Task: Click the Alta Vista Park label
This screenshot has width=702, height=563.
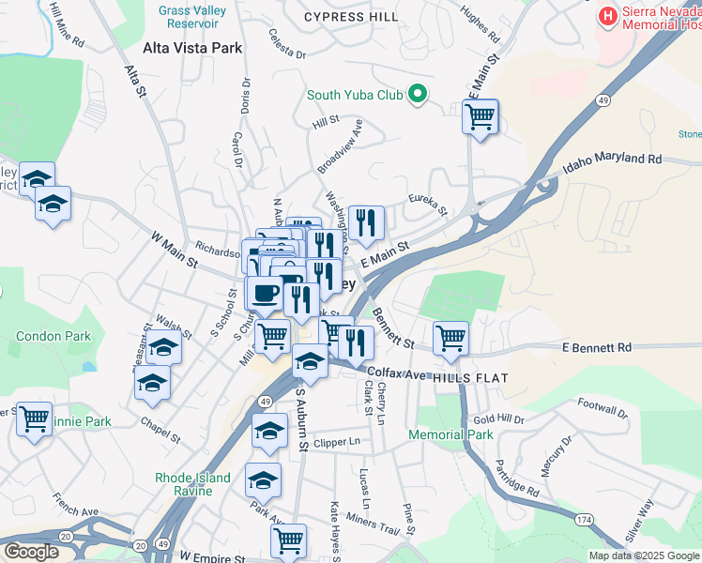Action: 192,48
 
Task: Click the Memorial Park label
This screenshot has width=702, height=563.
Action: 450,434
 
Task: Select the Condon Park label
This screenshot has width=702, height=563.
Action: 53,336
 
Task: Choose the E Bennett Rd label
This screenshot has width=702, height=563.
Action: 596,348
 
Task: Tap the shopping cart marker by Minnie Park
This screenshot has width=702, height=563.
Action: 35,419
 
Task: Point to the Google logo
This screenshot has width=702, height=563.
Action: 30,552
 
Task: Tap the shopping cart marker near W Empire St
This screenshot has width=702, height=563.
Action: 288,540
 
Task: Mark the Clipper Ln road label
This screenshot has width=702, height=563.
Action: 338,442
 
